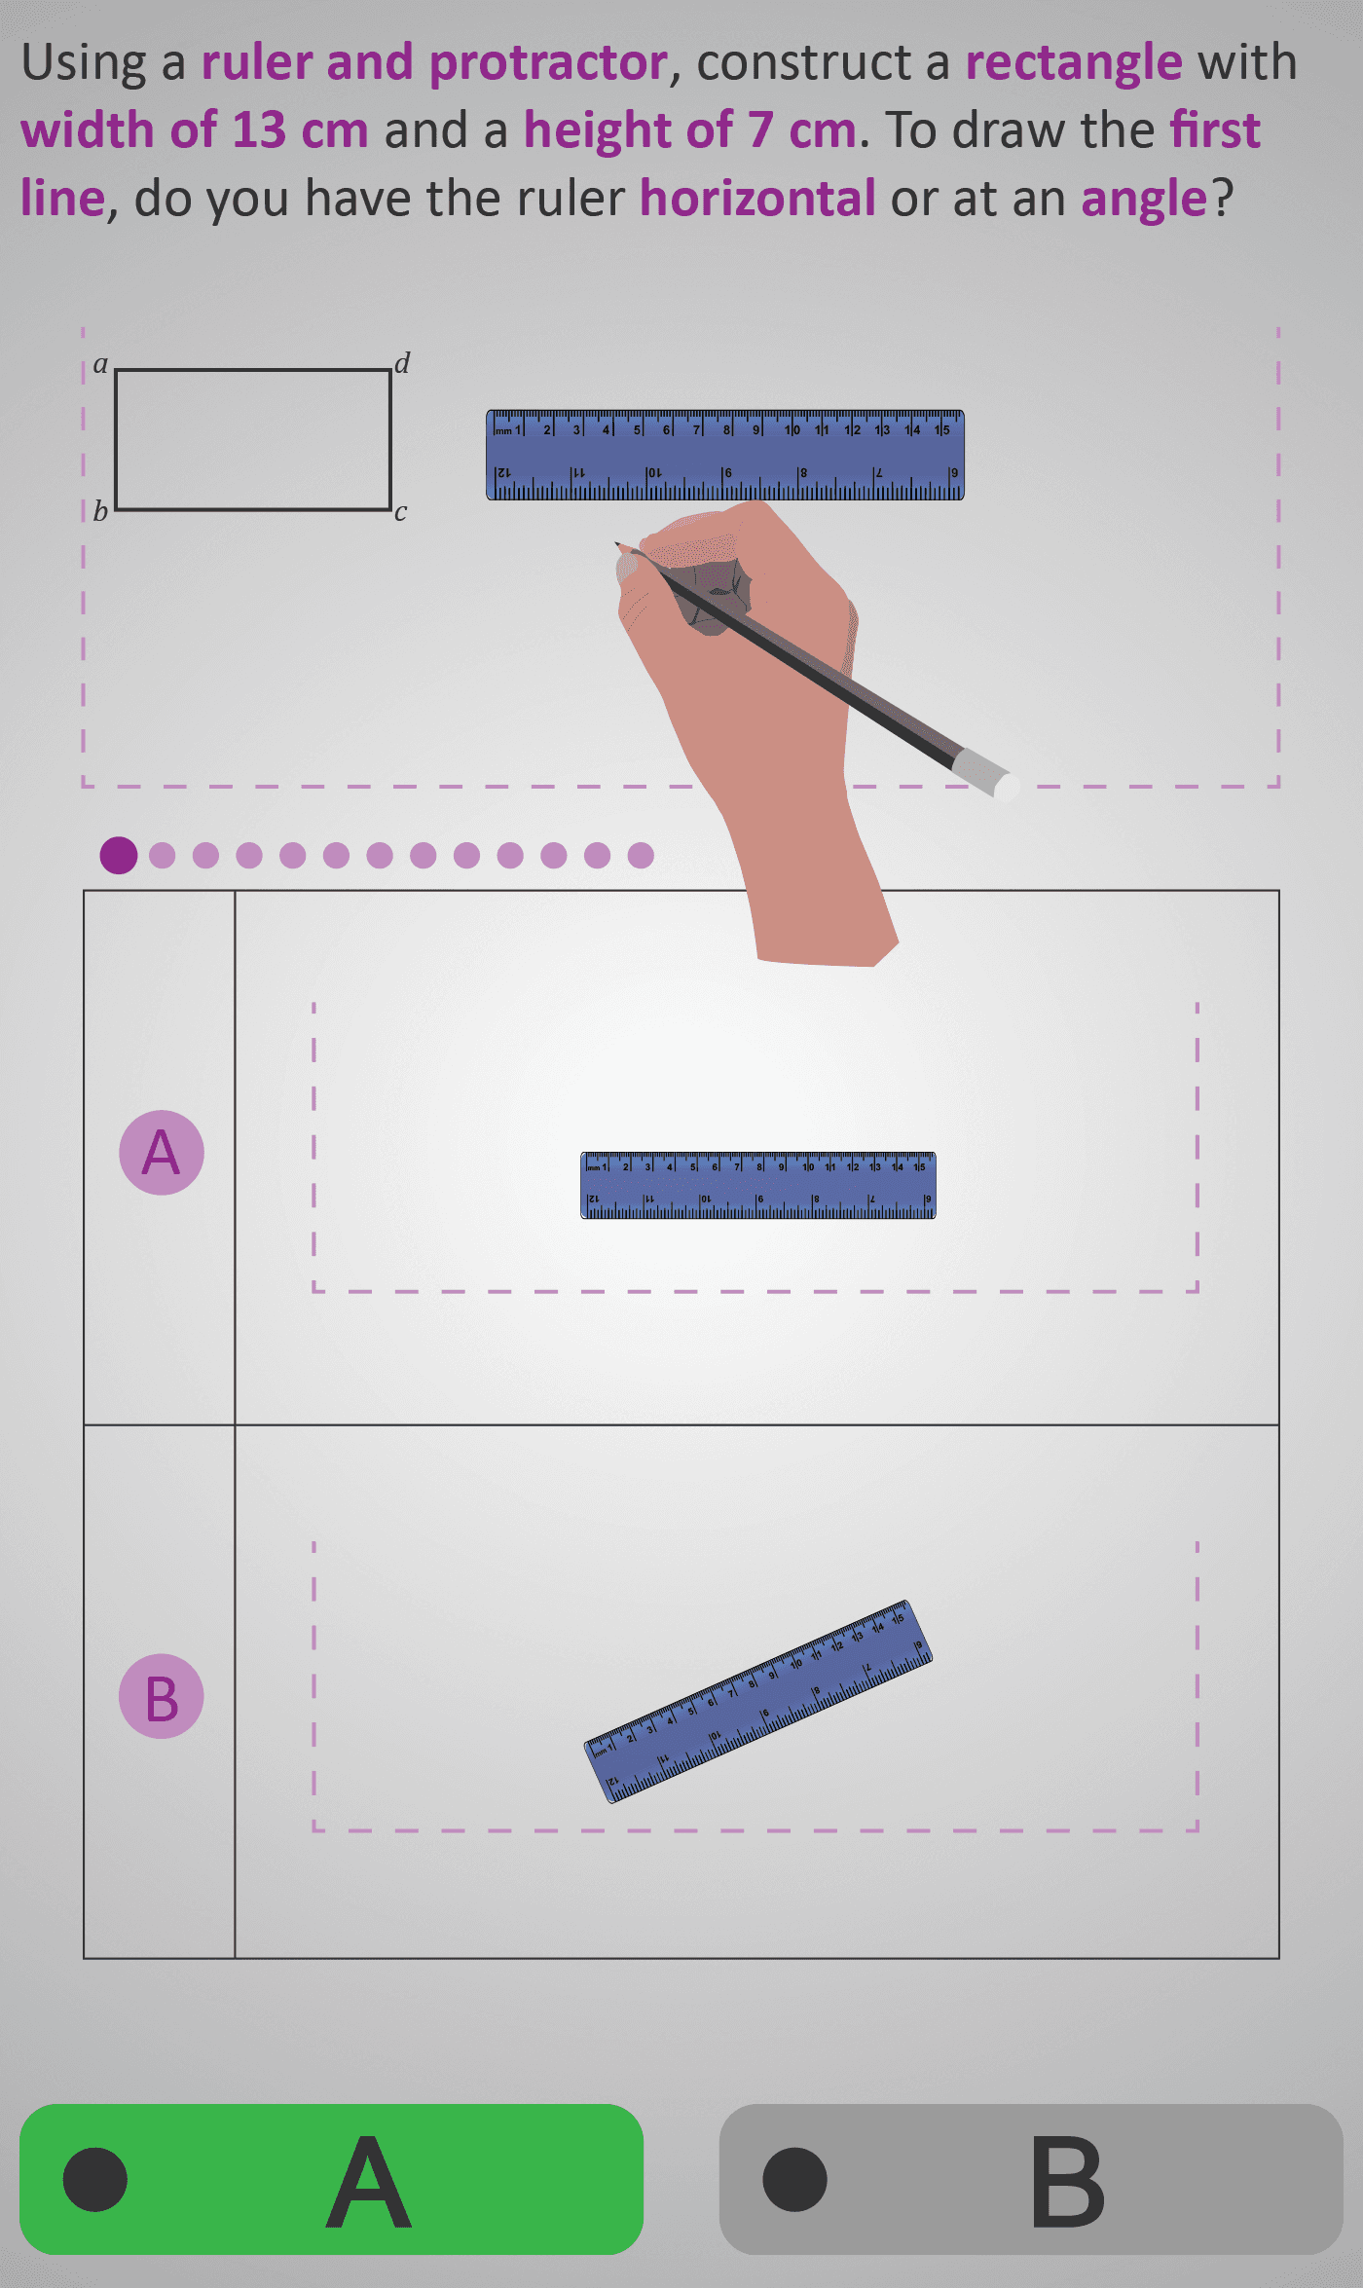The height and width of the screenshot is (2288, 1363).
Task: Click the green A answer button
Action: click(x=331, y=2179)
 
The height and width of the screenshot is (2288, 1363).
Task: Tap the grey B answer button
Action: click(x=1030, y=2179)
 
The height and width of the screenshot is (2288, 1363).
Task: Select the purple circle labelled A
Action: click(x=162, y=1152)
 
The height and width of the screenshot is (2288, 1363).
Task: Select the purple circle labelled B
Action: click(x=162, y=1696)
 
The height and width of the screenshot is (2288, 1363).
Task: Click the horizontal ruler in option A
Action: click(x=757, y=1185)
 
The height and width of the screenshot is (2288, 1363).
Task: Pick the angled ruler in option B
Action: click(x=757, y=1701)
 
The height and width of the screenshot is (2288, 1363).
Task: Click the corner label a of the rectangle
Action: click(x=100, y=365)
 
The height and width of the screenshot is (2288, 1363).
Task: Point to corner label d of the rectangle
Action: click(x=402, y=363)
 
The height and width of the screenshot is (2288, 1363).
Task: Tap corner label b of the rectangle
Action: click(x=100, y=511)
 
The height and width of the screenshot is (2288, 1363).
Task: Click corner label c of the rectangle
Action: click(x=400, y=512)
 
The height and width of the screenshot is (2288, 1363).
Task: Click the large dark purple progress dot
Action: click(x=119, y=855)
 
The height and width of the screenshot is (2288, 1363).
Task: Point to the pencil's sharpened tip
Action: click(x=617, y=544)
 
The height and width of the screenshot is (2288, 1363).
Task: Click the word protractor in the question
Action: click(x=548, y=62)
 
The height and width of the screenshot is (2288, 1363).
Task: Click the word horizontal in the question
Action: click(x=757, y=199)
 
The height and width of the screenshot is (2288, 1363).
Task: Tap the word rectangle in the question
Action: click(x=1073, y=62)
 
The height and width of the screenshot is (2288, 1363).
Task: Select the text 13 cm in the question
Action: click(x=300, y=130)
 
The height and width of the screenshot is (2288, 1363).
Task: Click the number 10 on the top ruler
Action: click(x=792, y=429)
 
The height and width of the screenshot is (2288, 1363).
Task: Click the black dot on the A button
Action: click(x=95, y=2179)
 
